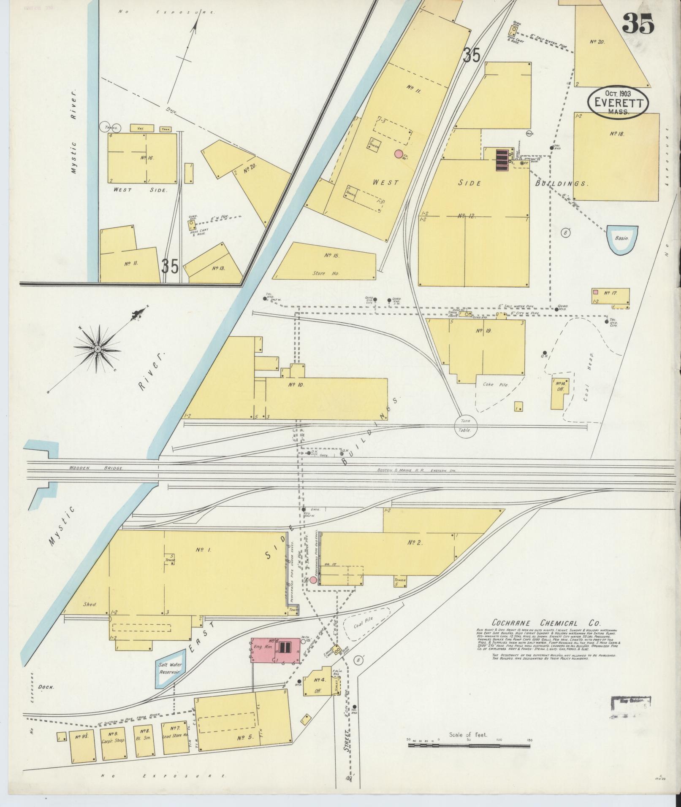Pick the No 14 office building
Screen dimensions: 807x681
pyautogui.click(x=559, y=393)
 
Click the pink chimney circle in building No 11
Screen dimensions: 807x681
pyautogui.click(x=398, y=154)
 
